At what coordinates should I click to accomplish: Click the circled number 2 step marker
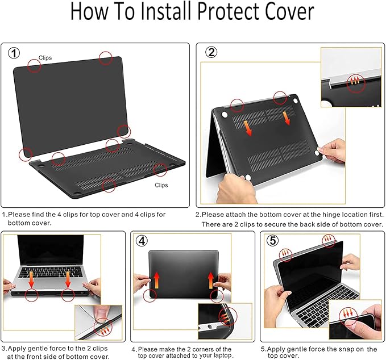point(211,53)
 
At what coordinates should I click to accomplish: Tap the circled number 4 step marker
point(142,241)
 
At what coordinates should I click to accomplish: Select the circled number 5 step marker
point(273,241)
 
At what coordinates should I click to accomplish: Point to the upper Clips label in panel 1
point(45,58)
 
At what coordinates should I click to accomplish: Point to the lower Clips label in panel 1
point(161,185)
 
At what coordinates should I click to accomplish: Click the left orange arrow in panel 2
point(248,125)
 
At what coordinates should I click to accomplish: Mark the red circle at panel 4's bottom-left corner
point(151,295)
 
